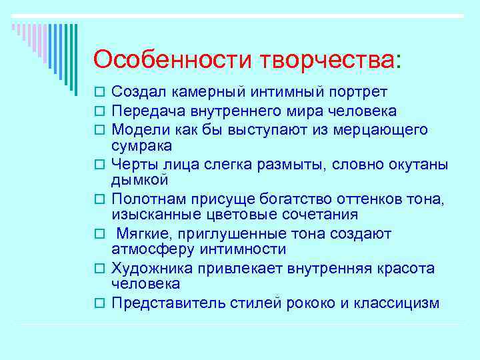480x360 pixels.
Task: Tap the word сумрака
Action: click(x=141, y=145)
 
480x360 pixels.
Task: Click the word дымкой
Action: click(x=139, y=180)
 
